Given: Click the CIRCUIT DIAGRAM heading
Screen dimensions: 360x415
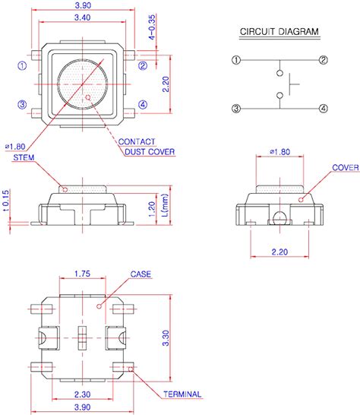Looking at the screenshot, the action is (279, 31).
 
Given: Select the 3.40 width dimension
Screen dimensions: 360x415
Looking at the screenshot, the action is (83, 17).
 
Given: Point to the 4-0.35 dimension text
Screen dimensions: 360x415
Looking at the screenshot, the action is (152, 27).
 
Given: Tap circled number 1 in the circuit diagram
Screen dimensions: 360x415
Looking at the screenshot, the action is (236, 60).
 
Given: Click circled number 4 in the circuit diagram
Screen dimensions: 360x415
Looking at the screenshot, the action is (324, 108).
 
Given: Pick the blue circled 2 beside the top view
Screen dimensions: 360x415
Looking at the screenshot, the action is (143, 65).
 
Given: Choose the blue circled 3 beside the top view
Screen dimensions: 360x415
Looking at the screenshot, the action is (22, 104).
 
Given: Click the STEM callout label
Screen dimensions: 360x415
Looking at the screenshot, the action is (24, 158).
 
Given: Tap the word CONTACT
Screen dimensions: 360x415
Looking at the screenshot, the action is (137, 142).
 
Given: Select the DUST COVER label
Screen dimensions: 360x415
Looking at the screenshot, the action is (150, 152).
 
